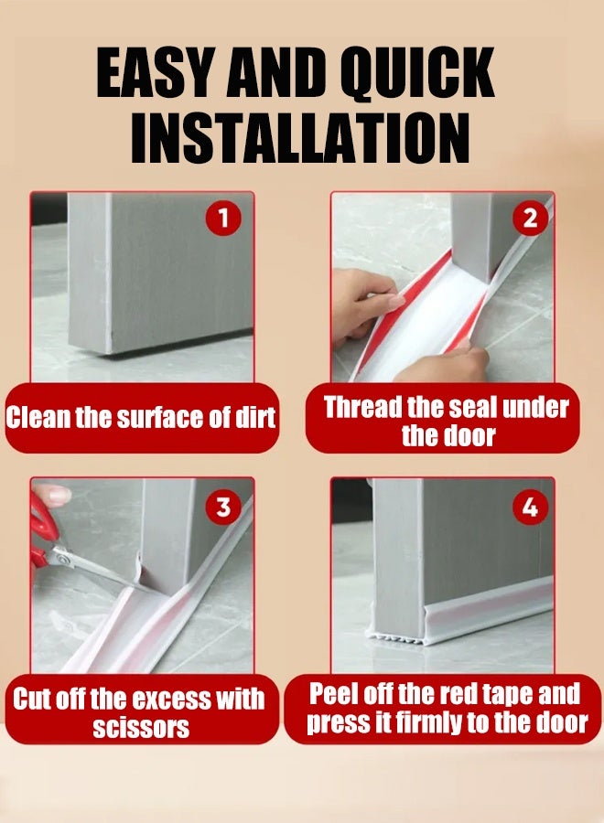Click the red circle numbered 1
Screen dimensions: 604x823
coord(223,218)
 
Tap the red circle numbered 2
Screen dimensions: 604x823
coord(531,218)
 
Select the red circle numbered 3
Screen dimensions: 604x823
coord(223,508)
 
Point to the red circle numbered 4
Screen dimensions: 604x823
coord(531,508)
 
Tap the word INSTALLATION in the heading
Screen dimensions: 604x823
coord(300,137)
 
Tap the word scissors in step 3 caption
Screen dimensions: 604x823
coord(141,728)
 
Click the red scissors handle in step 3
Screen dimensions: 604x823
coord(38,530)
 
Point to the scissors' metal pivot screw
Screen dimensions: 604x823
coord(63,559)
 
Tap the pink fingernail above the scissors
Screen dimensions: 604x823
coord(58,495)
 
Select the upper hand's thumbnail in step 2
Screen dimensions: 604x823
coord(394,301)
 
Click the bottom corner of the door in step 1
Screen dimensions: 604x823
coord(109,353)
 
